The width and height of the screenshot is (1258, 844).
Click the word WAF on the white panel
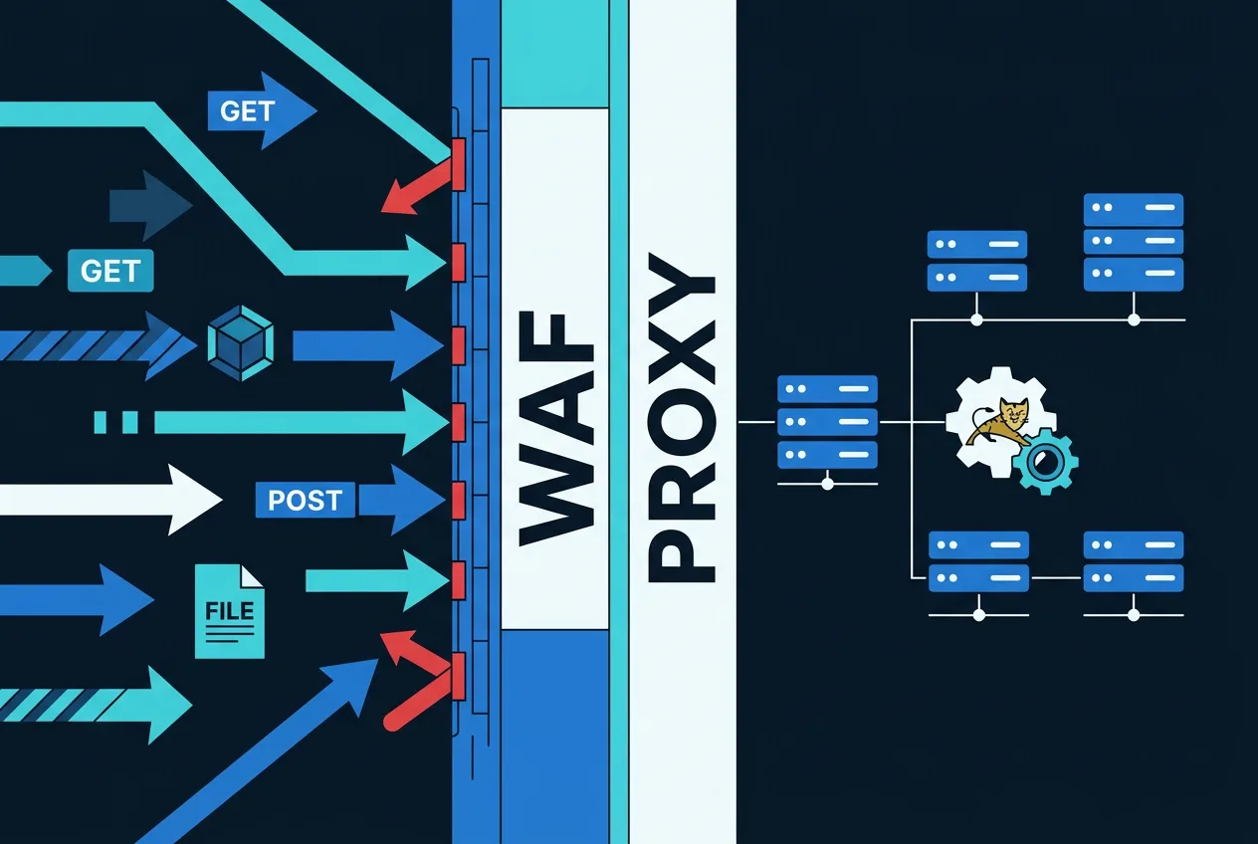coord(556,429)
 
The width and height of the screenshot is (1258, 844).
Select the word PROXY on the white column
coord(681,417)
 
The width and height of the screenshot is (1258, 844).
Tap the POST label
coord(305,500)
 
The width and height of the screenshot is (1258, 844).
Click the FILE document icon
coord(230,611)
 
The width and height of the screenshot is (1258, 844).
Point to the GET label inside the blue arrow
coord(247,111)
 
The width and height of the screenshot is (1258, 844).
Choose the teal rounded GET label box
coord(110,271)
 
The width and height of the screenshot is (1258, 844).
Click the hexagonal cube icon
coord(241,343)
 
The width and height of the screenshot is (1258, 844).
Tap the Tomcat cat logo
coord(998,421)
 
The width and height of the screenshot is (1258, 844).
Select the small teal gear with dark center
coord(1045,462)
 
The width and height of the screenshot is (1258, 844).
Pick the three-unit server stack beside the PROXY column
coord(827,422)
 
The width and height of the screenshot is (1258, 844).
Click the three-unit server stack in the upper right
coord(1134,243)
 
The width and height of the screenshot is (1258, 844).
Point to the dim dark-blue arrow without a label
coord(150,205)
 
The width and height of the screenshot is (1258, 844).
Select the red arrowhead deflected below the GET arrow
coord(417,186)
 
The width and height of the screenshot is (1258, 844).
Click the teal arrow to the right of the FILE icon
coord(376,580)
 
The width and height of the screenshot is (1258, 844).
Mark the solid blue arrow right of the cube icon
coord(368,345)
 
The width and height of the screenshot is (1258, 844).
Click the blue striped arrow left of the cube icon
coord(99,345)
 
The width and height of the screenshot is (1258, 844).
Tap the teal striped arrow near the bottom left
coord(96,706)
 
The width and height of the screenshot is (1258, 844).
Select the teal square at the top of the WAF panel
coord(555,54)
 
